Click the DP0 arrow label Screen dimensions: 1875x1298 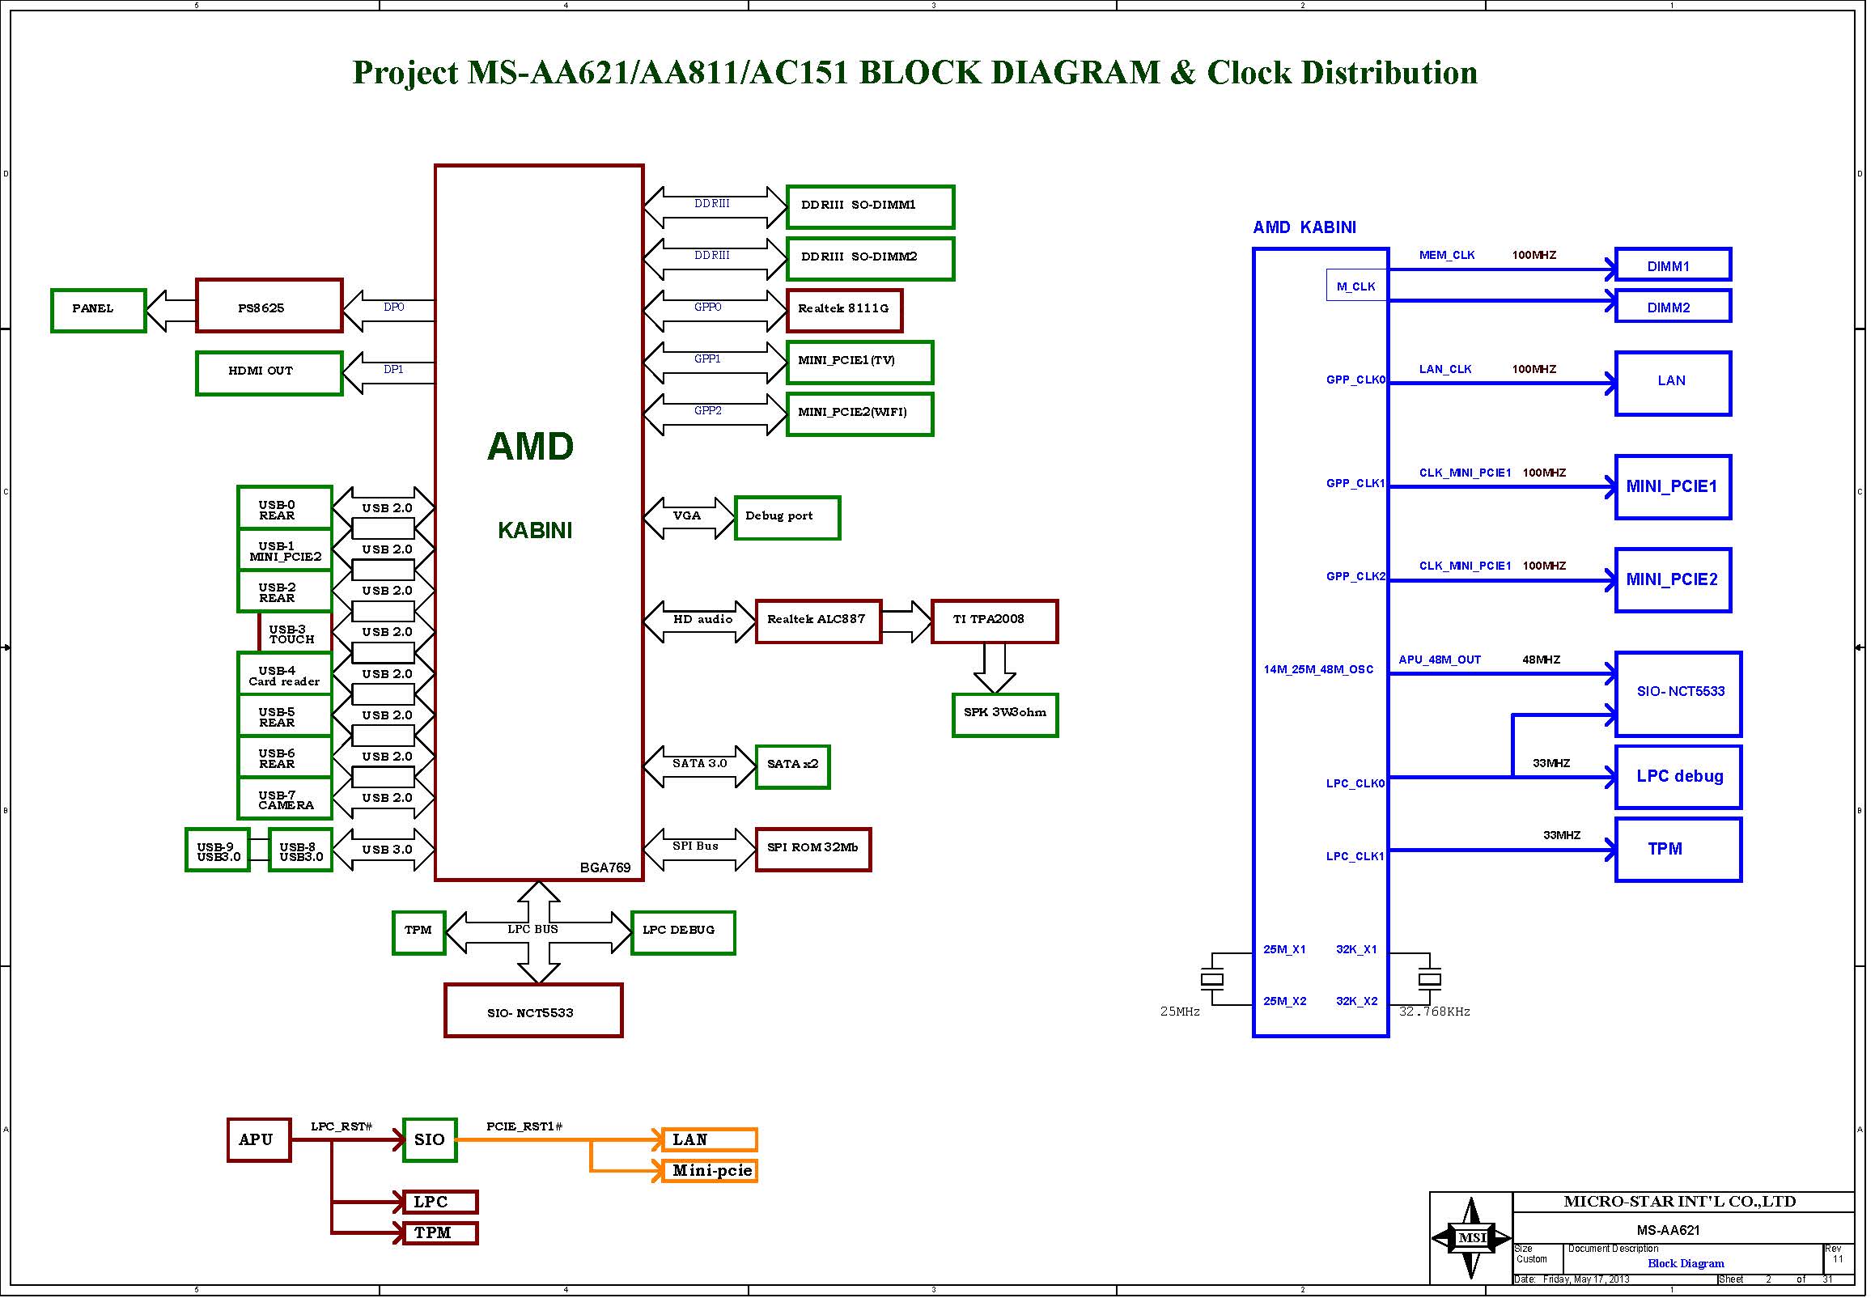393,308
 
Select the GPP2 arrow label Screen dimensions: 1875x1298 707,411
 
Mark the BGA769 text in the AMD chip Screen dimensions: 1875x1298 605,867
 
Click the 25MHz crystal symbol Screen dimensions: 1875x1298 1211,978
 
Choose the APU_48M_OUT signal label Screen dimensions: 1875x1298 1439,660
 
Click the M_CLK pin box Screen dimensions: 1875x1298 1356,286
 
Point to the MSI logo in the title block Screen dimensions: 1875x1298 1472,1238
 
